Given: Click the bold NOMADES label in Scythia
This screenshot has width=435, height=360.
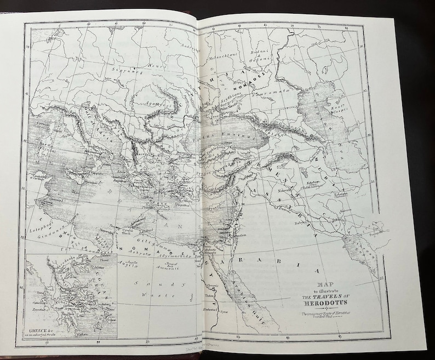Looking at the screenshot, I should (254, 76).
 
